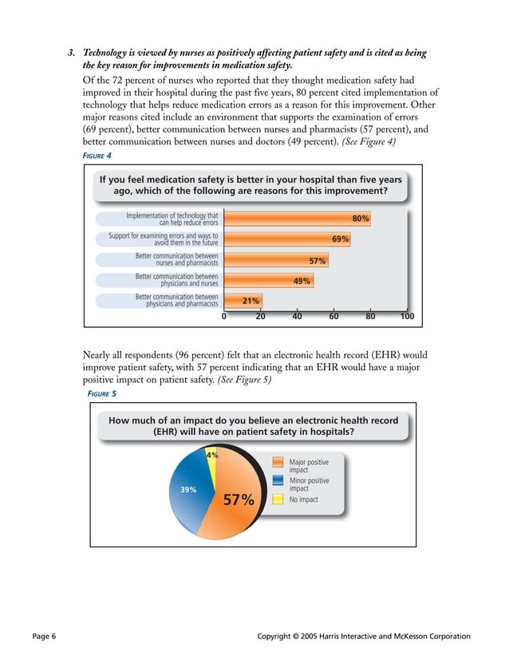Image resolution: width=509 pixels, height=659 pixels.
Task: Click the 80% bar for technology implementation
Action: tap(297, 219)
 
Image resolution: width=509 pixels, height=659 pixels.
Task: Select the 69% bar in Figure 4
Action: tap(286, 239)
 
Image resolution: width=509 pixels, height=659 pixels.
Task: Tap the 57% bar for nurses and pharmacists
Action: tap(275, 259)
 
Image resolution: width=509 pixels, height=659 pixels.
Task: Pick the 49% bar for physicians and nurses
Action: tap(268, 280)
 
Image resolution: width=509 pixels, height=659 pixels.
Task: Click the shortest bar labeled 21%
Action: tap(243, 300)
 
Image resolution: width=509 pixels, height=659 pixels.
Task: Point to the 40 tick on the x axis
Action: tap(297, 317)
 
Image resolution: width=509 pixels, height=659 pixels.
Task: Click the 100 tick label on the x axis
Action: tap(406, 317)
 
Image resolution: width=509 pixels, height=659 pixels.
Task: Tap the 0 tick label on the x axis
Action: tap(224, 317)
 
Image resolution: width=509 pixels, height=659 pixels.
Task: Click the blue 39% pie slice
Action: tap(190, 488)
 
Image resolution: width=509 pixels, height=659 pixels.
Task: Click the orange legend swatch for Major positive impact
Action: tap(278, 464)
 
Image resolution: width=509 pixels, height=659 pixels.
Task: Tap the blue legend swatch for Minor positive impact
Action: tap(278, 481)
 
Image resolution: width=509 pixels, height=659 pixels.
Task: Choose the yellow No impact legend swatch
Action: tap(278, 499)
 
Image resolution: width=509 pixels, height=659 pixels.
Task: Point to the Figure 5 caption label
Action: tap(102, 393)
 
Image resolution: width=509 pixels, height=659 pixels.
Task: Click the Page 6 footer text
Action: tap(44, 636)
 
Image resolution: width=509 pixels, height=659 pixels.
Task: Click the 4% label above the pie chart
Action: tap(212, 455)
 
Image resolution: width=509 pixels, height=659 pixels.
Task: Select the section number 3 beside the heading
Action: tap(70, 53)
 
